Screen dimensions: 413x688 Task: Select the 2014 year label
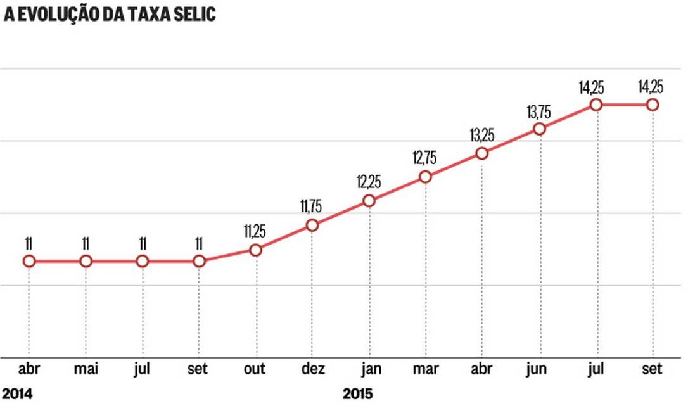(17, 394)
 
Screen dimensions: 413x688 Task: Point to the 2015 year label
(358, 394)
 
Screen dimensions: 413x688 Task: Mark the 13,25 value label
(483, 134)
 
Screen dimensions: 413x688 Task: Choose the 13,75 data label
(540, 110)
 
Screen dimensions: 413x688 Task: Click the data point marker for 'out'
(255, 250)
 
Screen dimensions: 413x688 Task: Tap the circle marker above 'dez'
(312, 226)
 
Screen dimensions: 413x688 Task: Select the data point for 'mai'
(86, 261)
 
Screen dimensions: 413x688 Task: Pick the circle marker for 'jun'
(539, 129)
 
